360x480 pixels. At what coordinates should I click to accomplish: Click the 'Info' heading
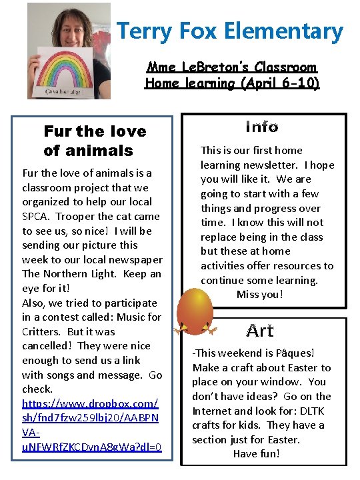click(261, 126)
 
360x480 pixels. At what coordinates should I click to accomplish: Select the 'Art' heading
click(260, 331)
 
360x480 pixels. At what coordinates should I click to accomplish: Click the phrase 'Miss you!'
click(260, 294)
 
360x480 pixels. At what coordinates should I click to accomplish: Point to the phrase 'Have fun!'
click(257, 453)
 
